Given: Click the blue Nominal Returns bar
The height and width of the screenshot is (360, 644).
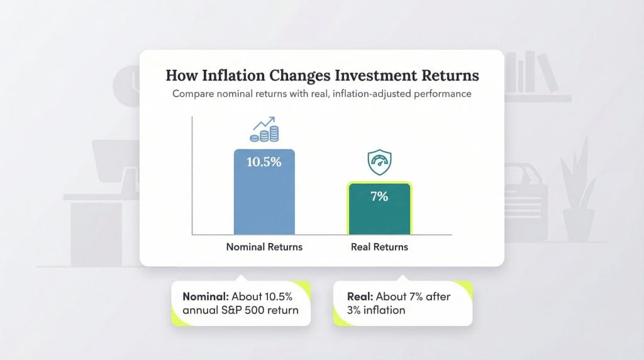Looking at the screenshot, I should click(x=264, y=201).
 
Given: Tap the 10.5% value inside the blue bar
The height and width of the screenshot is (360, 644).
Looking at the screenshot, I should click(x=264, y=162).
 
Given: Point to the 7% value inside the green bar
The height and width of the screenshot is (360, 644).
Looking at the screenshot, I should click(x=379, y=196).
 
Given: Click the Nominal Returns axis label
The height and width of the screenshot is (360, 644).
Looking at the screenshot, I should click(x=264, y=247).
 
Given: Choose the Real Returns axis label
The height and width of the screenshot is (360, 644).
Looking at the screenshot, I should click(x=379, y=247).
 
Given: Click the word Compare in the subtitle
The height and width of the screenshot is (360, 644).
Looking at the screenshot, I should click(x=194, y=94).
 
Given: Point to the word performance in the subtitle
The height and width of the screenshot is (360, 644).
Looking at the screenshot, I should click(x=441, y=94).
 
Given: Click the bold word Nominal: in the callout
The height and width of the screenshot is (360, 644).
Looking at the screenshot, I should click(x=206, y=296).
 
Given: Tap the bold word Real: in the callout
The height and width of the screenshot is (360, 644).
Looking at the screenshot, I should click(x=360, y=296).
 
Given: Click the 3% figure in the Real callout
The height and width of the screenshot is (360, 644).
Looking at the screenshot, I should click(x=354, y=310).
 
